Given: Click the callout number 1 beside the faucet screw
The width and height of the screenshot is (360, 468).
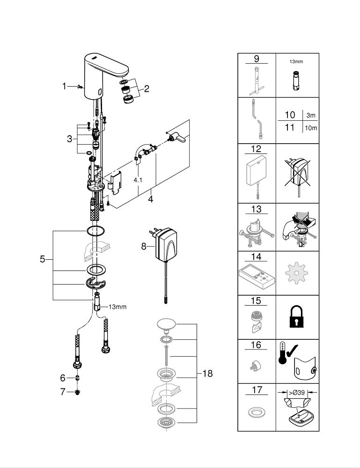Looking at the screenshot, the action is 64,86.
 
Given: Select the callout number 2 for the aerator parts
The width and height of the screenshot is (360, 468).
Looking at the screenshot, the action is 146,88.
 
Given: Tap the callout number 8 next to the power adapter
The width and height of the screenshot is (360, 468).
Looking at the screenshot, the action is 144,246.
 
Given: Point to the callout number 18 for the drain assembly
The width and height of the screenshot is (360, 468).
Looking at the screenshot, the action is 207,373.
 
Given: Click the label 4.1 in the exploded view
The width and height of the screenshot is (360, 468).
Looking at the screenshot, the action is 138,180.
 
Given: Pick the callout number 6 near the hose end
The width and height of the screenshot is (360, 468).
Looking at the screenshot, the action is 63,378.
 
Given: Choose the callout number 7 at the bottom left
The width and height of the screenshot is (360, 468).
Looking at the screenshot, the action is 63,392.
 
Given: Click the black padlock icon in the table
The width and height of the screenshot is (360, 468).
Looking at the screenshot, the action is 296,317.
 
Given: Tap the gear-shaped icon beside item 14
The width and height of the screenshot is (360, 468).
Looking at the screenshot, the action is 296,273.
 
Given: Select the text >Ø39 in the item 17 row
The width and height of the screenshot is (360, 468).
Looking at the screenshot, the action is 297,393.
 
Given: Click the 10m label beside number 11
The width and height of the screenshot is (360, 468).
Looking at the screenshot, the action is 311,128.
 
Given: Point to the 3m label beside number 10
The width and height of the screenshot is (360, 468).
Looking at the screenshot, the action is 311,115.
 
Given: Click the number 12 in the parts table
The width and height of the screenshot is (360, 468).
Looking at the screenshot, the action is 256,149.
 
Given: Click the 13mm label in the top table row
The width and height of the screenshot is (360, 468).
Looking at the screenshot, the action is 296,61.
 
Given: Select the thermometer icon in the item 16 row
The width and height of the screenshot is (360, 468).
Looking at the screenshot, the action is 282,353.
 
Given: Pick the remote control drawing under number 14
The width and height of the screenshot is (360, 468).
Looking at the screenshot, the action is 257,277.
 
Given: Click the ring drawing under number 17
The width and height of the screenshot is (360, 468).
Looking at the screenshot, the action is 256,412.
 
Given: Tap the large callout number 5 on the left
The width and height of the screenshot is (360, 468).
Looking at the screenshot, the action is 43,259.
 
